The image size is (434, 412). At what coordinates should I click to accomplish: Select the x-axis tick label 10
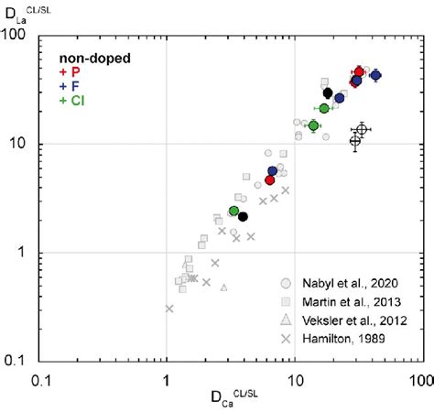click(293, 378)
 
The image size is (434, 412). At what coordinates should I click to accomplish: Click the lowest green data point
click(233, 211)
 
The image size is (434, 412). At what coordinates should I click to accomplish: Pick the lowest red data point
click(269, 179)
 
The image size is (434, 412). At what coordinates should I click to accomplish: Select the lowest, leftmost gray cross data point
click(169, 309)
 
